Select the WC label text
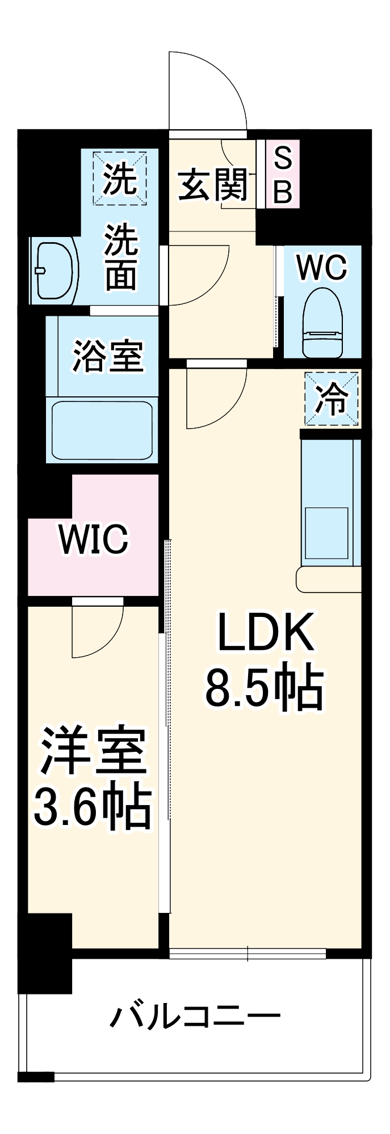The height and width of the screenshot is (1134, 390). point(321,267)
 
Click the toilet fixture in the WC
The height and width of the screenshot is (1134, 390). point(322,323)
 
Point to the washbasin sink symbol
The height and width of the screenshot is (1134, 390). point(54,271)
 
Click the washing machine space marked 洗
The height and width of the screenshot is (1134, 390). point(120,178)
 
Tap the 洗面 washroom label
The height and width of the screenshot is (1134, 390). point(121,258)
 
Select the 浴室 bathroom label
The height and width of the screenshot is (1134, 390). point(107,356)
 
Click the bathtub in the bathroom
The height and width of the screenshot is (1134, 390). point(102,431)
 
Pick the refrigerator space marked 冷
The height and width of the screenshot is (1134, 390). point(332,399)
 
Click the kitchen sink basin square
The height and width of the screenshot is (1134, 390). point(327,533)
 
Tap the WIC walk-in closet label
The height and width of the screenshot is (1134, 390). point(94,539)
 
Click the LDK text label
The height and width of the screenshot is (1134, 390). point(265,632)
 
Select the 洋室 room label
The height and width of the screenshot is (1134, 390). point(93,751)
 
